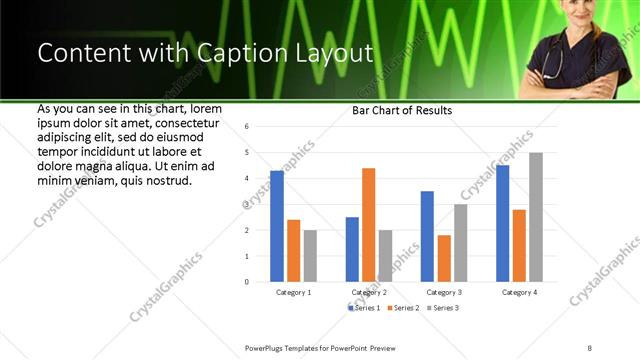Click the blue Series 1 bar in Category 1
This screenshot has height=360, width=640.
(x=277, y=226)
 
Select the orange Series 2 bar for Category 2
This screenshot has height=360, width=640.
(x=368, y=225)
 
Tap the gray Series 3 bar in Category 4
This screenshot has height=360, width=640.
(x=536, y=217)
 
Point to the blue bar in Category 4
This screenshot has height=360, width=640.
(x=502, y=223)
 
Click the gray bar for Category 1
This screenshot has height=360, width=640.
(x=310, y=255)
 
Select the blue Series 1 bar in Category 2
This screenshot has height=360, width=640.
(x=352, y=249)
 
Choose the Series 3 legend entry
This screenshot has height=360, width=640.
(x=443, y=307)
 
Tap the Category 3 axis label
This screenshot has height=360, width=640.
(x=444, y=292)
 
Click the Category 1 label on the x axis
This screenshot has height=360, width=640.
(x=293, y=292)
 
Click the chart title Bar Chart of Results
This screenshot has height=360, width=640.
(x=402, y=110)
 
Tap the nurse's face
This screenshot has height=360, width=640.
(x=573, y=14)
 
